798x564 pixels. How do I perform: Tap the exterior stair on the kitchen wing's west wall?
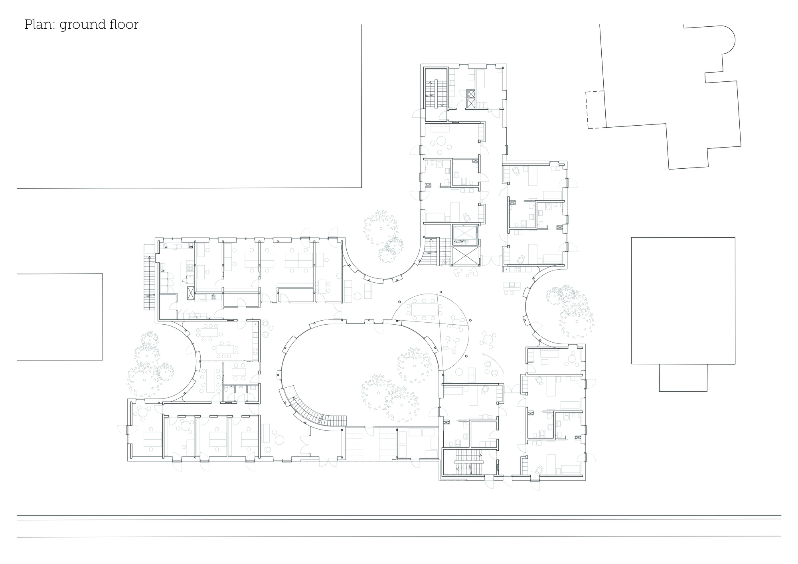coord(149,277)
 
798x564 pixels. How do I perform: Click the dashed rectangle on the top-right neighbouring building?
coord(595,110)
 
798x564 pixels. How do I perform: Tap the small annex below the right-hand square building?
coord(683,377)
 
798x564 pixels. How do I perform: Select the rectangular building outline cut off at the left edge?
coord(60,317)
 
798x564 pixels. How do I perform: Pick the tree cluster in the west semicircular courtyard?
coord(150,361)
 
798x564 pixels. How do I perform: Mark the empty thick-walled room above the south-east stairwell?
coord(484,434)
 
